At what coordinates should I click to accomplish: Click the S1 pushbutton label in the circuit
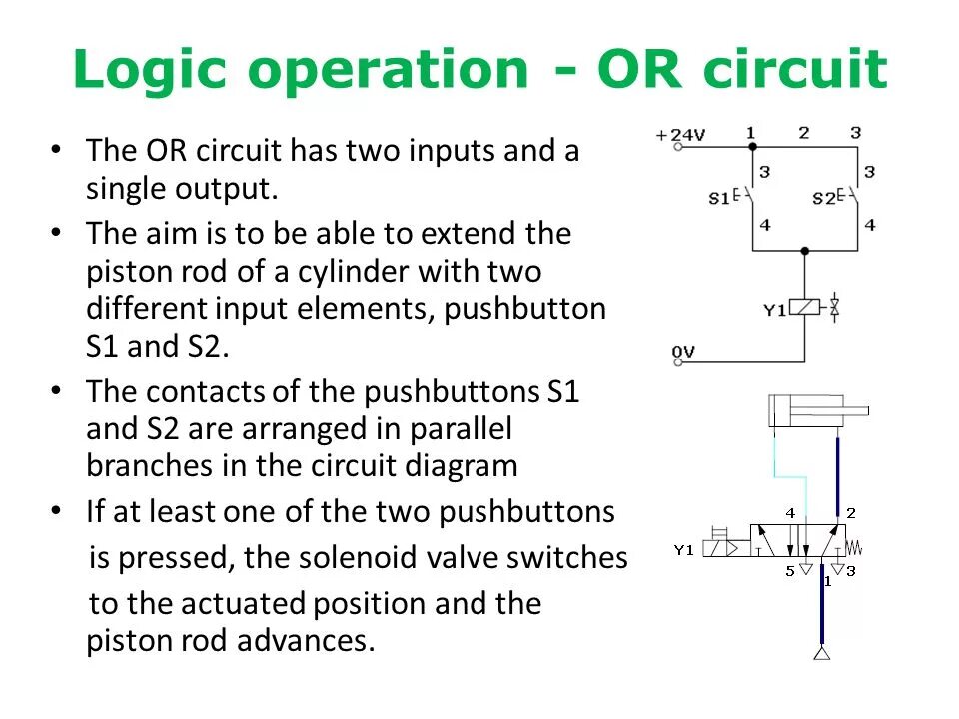(720, 198)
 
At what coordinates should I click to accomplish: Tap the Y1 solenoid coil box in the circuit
(805, 309)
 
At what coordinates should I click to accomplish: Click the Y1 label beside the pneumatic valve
(683, 549)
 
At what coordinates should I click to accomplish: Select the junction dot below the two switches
(805, 251)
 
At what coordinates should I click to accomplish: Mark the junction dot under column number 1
(751, 147)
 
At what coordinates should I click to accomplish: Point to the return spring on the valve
(852, 547)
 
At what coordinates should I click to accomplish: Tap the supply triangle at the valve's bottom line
(822, 654)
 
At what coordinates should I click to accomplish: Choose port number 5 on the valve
(789, 571)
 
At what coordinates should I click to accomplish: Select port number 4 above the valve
(790, 513)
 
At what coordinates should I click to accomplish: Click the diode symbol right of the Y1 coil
(835, 309)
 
